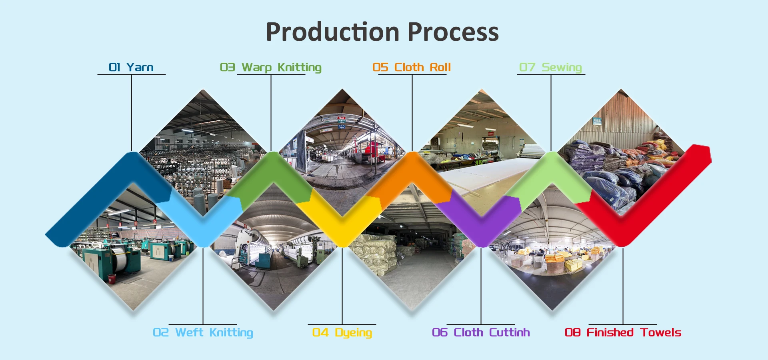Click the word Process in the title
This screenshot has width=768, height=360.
pyautogui.click(x=453, y=32)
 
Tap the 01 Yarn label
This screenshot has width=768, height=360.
pyautogui.click(x=131, y=67)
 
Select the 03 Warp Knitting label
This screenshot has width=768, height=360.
pyautogui.click(x=271, y=67)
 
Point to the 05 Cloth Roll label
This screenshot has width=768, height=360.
pyautogui.click(x=412, y=67)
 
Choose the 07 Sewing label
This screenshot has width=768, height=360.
pyautogui.click(x=550, y=67)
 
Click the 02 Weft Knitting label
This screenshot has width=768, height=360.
pyautogui.click(x=203, y=332)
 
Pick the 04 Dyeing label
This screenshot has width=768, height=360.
pyautogui.click(x=342, y=332)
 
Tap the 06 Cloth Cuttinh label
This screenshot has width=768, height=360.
pyautogui.click(x=481, y=332)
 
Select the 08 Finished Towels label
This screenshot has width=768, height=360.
pyautogui.click(x=623, y=332)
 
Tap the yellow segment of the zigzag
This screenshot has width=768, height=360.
pyautogui.click(x=342, y=224)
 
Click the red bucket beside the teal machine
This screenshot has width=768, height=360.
pyautogui.click(x=112, y=278)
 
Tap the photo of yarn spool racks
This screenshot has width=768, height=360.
pyautogui.click(x=200, y=152)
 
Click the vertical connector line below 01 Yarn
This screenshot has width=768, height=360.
pyautogui.click(x=131, y=112)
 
